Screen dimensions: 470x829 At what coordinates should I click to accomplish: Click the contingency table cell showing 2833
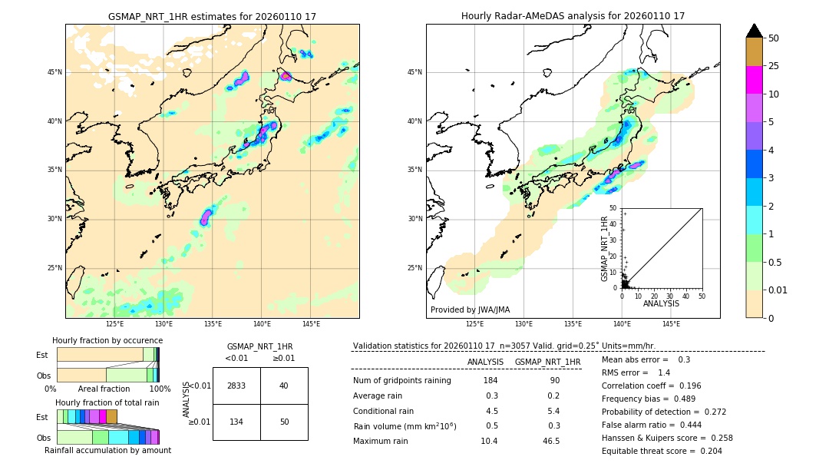pyautogui.click(x=236, y=386)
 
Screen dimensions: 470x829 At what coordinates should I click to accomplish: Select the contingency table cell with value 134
pyautogui.click(x=236, y=422)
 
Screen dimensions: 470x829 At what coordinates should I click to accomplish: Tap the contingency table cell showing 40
pyautogui.click(x=283, y=386)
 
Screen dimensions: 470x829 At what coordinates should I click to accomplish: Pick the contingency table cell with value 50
pyautogui.click(x=283, y=422)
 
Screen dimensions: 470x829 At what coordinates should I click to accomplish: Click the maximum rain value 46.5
pyautogui.click(x=551, y=441)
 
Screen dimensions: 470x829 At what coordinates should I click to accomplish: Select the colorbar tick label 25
pyautogui.click(x=774, y=66)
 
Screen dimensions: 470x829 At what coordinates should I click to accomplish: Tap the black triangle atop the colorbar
pyautogui.click(x=755, y=31)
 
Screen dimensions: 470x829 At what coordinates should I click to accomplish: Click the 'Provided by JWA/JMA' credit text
pyautogui.click(x=470, y=309)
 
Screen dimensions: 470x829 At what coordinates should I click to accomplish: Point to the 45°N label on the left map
pyautogui.click(x=54, y=72)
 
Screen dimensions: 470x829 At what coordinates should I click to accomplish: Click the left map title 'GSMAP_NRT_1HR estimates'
pyautogui.click(x=212, y=16)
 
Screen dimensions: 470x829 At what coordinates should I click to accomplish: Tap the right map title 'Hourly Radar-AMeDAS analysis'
pyautogui.click(x=573, y=16)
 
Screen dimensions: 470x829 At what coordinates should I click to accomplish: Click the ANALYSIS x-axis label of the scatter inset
pyautogui.click(x=661, y=303)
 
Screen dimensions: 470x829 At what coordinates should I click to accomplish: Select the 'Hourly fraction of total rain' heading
pyautogui.click(x=107, y=402)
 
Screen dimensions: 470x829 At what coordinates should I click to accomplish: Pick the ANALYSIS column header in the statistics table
pyautogui.click(x=485, y=362)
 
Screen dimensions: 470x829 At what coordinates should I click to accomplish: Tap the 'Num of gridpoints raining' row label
pyautogui.click(x=401, y=381)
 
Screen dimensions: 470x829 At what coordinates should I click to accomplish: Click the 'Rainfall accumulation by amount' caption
pyautogui.click(x=107, y=450)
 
